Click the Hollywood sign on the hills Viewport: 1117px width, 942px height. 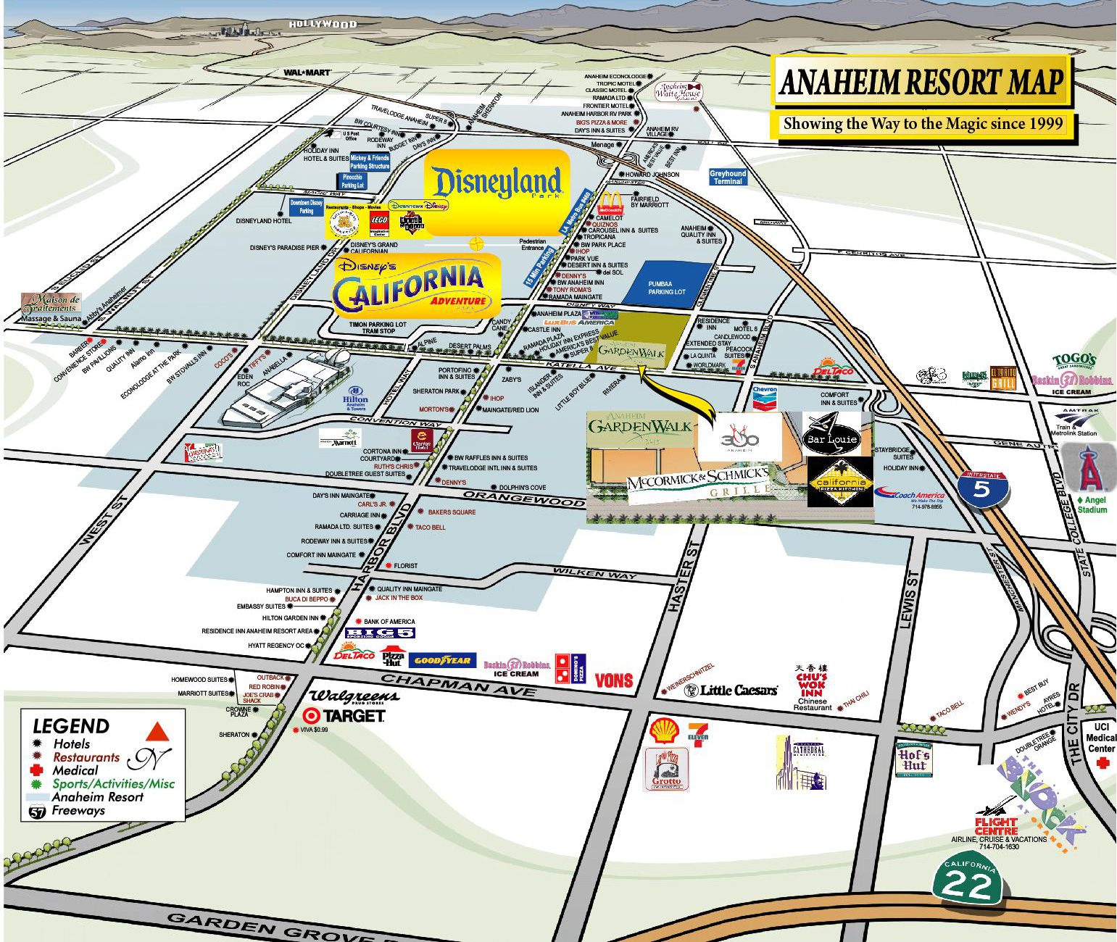323,25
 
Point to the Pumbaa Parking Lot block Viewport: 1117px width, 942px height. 665,283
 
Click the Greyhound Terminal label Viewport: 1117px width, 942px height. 727,177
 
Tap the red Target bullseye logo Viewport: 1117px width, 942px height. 311,715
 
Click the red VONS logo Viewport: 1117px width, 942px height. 613,680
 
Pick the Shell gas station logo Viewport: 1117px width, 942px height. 663,732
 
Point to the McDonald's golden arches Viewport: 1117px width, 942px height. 609,202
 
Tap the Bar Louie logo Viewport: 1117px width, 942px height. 831,433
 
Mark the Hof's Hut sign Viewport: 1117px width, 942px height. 913,759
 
